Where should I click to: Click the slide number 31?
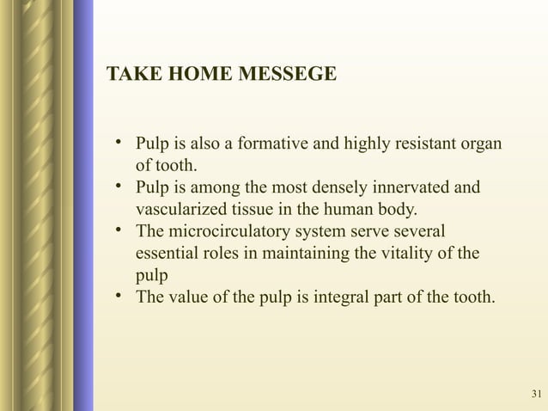(x=537, y=395)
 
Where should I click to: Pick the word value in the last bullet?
(x=188, y=299)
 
